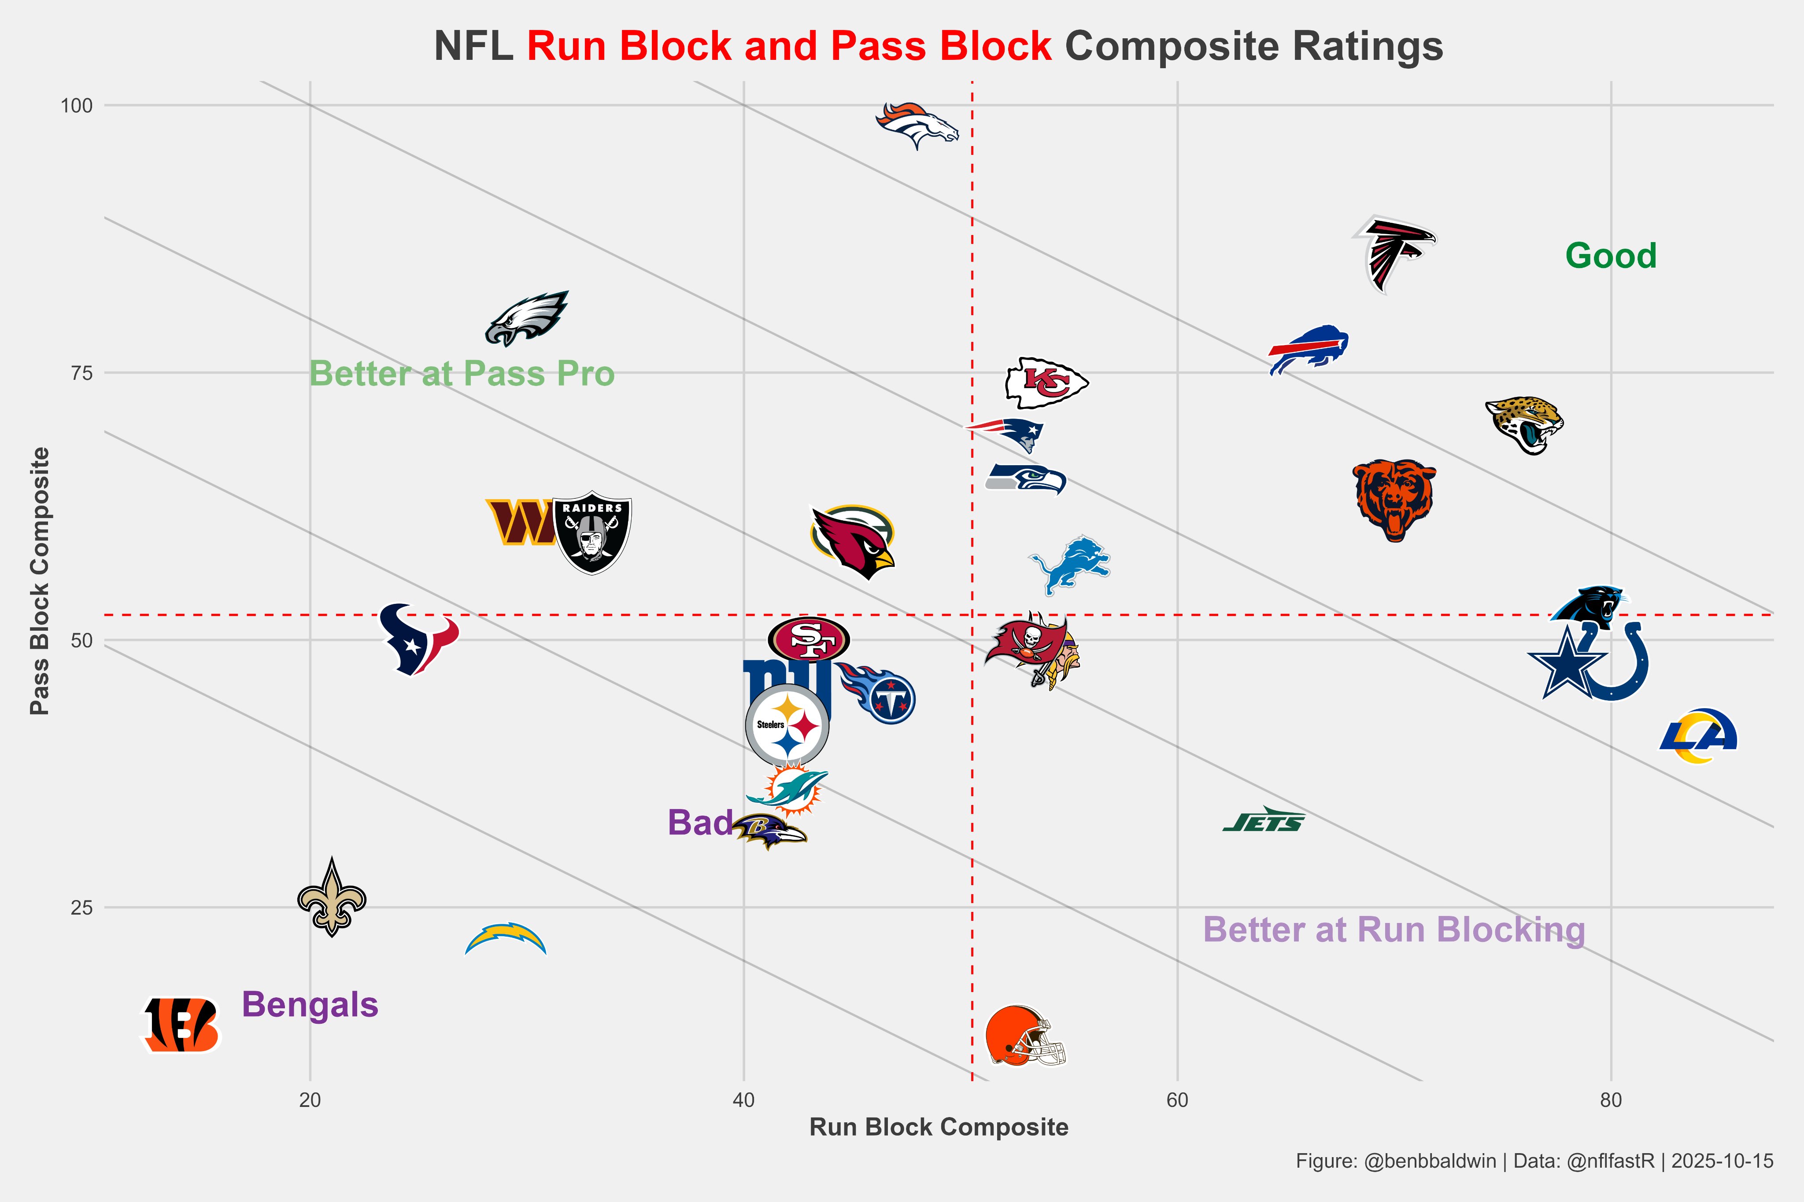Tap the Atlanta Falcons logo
tap(1393, 253)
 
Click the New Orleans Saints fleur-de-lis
tap(331, 898)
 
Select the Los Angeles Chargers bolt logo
tap(506, 939)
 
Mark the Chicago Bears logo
tap(1394, 500)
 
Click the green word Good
tap(1611, 256)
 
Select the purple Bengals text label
tap(310, 1005)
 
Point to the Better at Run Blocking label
tap(1394, 930)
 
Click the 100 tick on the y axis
tap(77, 106)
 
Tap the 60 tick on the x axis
tap(1177, 1101)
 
